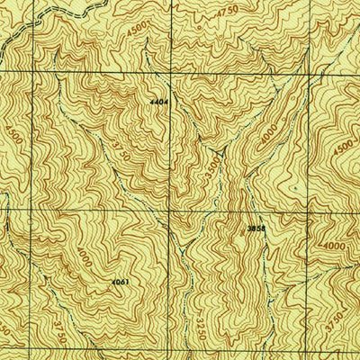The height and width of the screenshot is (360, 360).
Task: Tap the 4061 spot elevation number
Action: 121,283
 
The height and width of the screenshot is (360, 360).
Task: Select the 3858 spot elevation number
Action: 256,229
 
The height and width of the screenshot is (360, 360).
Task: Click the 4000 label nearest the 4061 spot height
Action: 84,257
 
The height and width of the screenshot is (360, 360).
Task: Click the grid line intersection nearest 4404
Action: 172,70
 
